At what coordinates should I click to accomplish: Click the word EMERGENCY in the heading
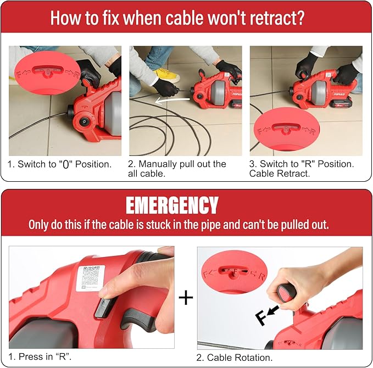tap(172, 205)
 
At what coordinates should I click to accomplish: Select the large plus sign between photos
tap(186, 298)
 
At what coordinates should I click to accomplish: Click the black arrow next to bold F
tap(272, 312)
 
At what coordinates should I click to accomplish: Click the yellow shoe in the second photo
tap(166, 75)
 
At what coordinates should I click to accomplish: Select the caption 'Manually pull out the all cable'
tap(177, 168)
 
